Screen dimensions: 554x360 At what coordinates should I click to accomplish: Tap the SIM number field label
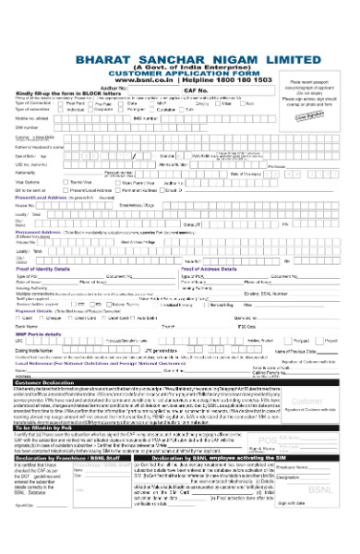[26, 127]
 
